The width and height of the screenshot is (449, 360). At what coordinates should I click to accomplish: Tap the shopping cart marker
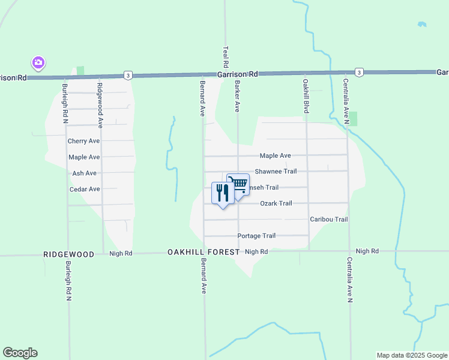[x=238, y=184]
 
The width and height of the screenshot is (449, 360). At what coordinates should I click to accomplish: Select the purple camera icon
[x=38, y=62]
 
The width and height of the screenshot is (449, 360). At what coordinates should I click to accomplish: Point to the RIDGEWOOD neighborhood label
[x=69, y=254]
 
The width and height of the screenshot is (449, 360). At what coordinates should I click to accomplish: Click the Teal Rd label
[x=226, y=56]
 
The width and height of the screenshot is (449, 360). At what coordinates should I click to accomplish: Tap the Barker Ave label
[x=237, y=97]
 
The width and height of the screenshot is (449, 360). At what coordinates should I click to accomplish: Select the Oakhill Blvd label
[x=306, y=97]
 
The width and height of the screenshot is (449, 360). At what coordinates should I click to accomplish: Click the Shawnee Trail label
[x=276, y=172]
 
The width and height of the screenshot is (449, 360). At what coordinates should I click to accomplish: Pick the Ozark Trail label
[x=276, y=204]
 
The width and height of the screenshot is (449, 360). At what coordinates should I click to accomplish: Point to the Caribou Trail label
[x=328, y=220]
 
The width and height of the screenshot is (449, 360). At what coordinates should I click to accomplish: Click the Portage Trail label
[x=256, y=236]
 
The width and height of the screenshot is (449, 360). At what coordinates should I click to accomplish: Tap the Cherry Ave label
[x=83, y=142]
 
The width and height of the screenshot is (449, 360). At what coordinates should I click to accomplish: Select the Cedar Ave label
[x=85, y=189]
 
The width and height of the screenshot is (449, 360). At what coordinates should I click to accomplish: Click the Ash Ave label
[x=84, y=173]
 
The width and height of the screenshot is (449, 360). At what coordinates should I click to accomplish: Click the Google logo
[x=20, y=353]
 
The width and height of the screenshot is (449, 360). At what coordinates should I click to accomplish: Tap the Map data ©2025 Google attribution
[x=411, y=355]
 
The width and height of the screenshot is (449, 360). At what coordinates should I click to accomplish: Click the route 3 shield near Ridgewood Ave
[x=128, y=75]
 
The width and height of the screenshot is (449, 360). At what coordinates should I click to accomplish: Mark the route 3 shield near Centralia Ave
[x=358, y=72]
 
